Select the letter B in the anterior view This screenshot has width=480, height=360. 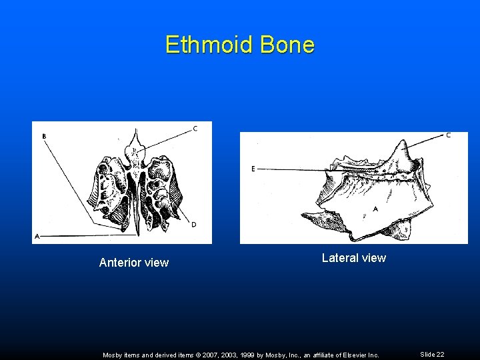[44, 137]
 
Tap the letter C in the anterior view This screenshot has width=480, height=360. [195, 129]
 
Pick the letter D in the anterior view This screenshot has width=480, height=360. [193, 225]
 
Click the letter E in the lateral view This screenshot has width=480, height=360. [253, 169]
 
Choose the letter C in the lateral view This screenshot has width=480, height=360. [448, 135]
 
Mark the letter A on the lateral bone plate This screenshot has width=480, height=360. [375, 209]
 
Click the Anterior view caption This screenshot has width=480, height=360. [133, 263]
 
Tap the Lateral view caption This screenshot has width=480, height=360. [353, 258]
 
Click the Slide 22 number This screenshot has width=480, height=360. [432, 355]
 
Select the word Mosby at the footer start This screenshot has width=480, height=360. [113, 355]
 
